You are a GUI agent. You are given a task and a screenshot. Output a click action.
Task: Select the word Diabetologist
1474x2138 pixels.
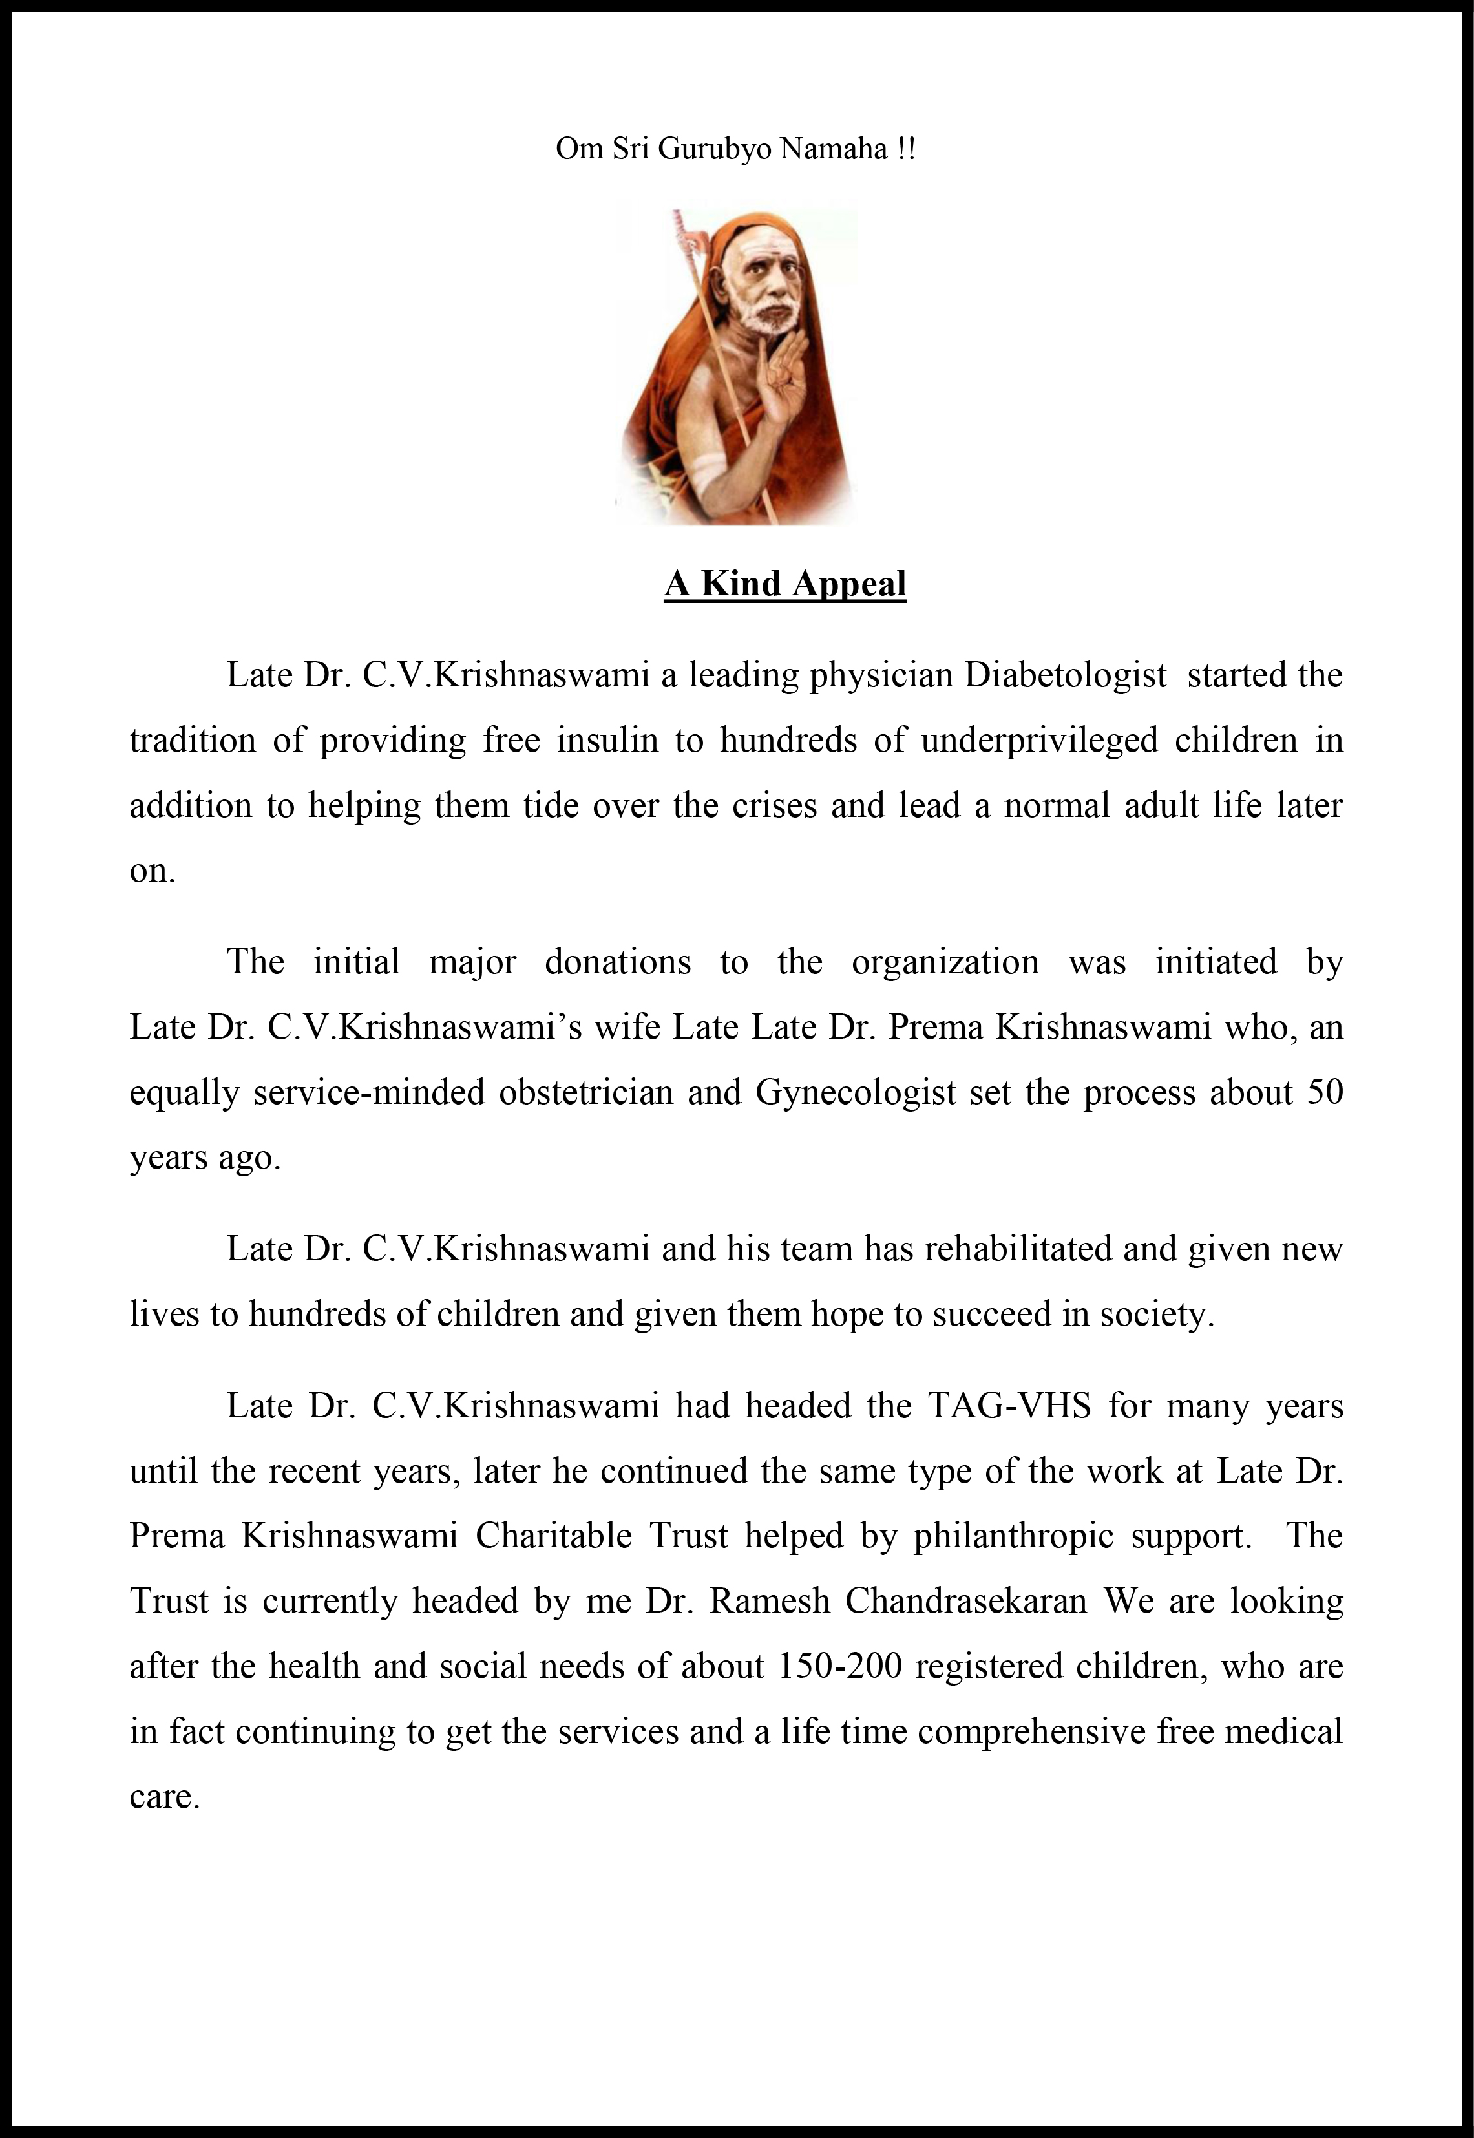(1066, 676)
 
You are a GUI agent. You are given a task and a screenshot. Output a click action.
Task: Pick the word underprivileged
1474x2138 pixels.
(1039, 741)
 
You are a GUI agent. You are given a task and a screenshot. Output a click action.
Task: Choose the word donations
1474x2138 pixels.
(617, 962)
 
